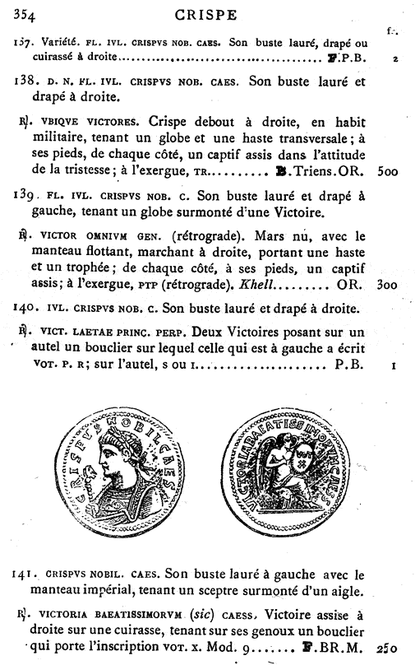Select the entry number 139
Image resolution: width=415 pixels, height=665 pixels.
[x=26, y=196]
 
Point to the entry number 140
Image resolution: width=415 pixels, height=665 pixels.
[x=26, y=309]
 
